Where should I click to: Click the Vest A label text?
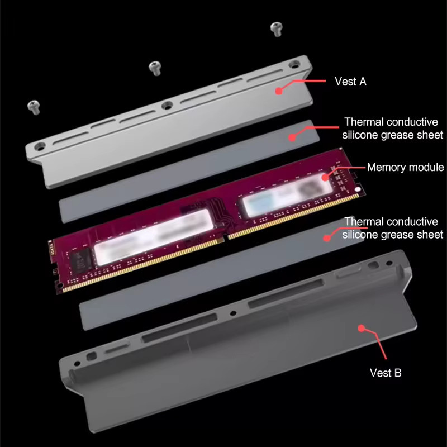point(350,82)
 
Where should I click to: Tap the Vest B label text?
point(386,373)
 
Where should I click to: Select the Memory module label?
point(406,167)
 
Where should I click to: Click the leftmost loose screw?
point(34,107)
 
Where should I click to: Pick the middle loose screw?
point(155,68)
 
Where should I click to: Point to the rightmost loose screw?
point(276,30)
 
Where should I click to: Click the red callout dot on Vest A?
point(279,91)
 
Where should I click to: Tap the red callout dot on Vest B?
point(361,328)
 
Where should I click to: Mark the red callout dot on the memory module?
point(325,177)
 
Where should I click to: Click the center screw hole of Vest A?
point(167,106)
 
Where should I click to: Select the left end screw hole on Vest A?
point(40,147)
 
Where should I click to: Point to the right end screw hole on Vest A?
point(294,64)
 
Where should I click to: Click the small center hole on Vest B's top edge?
point(233,313)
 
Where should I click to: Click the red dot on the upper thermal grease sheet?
point(292,137)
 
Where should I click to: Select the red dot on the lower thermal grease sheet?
point(327,238)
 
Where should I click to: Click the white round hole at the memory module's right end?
point(358,189)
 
